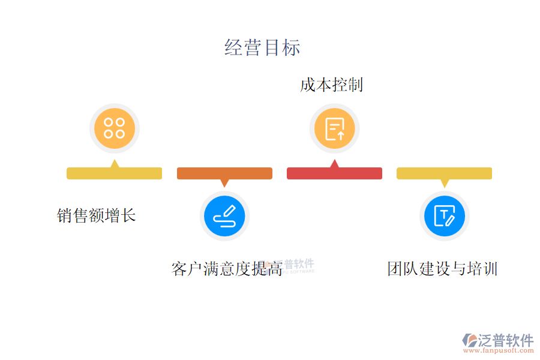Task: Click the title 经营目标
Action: tap(262, 48)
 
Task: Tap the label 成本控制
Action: tap(332, 85)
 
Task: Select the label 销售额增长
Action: tap(97, 215)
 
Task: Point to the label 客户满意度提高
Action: tap(227, 269)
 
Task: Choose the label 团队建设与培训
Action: tap(443, 268)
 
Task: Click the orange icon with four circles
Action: tap(114, 128)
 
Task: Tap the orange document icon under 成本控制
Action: tap(334, 128)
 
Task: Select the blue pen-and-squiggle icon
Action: tap(224, 216)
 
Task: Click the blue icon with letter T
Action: tap(445, 216)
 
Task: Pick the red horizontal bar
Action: tap(334, 173)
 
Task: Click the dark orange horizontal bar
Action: tap(224, 173)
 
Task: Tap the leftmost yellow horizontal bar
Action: tap(114, 173)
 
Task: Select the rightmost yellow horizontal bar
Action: tap(444, 173)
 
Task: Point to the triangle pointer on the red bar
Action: tap(334, 163)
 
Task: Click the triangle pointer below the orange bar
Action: tap(224, 183)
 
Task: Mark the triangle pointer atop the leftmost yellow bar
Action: tap(114, 163)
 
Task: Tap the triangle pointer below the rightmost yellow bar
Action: tap(445, 183)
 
